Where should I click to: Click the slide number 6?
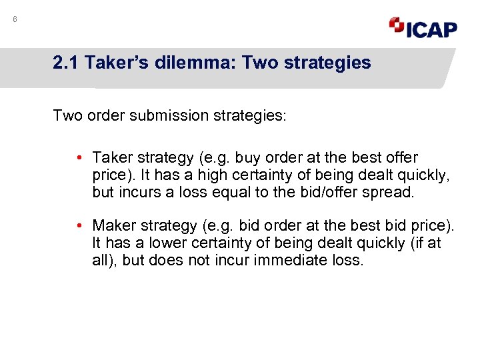pyautogui.click(x=15, y=20)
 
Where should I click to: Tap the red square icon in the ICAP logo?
pyautogui.click(x=397, y=25)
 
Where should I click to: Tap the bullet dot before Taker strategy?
pyautogui.click(x=79, y=158)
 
